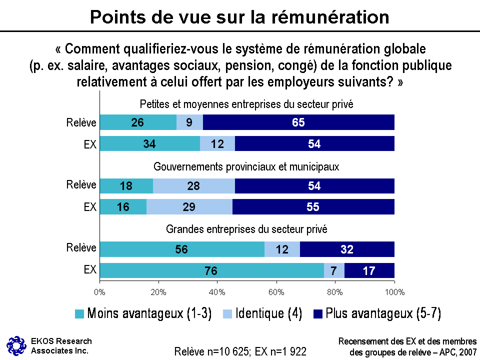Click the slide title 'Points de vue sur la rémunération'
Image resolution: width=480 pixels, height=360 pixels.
click(x=239, y=17)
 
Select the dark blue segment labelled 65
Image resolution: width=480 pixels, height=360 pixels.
click(x=298, y=122)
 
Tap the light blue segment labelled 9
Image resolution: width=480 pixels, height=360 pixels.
click(x=189, y=122)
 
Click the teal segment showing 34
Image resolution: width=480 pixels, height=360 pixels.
click(x=149, y=143)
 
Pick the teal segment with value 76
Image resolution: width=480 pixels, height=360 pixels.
click(x=211, y=270)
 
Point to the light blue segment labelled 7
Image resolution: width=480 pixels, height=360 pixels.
click(x=334, y=270)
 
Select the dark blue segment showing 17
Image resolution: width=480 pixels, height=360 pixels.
click(x=369, y=270)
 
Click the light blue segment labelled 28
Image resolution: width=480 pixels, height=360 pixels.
click(x=193, y=186)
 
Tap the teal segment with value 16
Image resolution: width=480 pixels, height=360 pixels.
click(x=123, y=206)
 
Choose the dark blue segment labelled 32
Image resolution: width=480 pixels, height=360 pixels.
click(x=347, y=249)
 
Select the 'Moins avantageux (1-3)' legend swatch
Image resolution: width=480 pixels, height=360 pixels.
click(x=79, y=314)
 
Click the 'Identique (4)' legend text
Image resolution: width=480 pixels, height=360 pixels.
click(x=269, y=313)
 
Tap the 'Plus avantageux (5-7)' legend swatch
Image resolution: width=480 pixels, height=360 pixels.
click(x=317, y=314)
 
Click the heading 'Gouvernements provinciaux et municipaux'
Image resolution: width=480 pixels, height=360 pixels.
click(x=246, y=166)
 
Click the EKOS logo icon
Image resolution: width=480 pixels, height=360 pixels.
click(x=16, y=344)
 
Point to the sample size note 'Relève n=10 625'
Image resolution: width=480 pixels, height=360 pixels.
click(x=212, y=351)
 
